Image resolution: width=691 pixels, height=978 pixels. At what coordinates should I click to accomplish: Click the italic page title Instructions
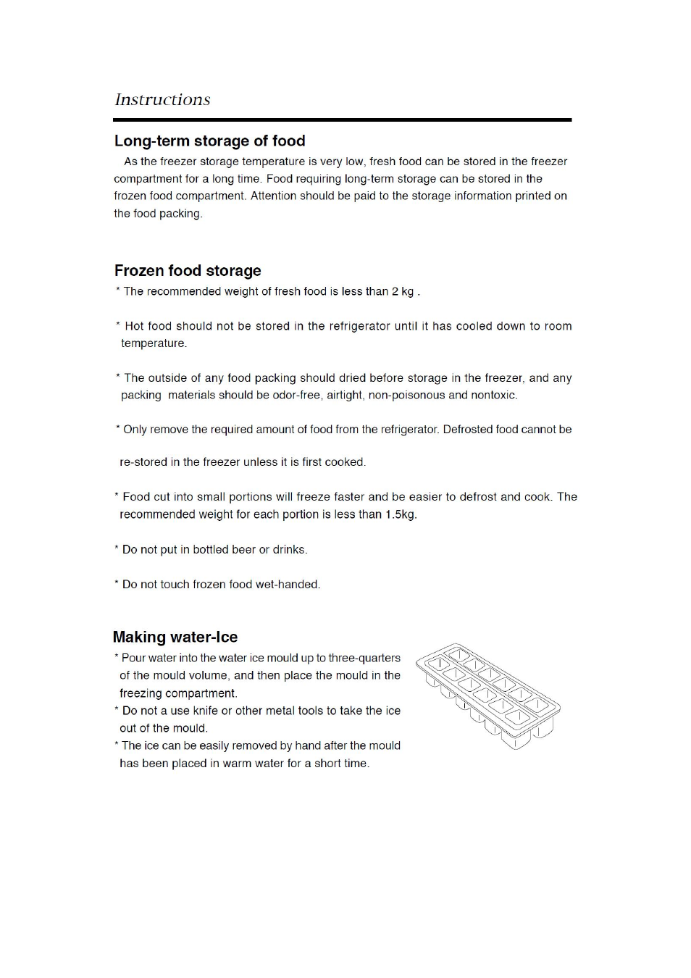pos(162,100)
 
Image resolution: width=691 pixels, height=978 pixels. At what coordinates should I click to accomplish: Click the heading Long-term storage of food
pos(209,141)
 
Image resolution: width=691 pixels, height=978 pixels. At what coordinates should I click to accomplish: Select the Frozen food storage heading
pos(188,271)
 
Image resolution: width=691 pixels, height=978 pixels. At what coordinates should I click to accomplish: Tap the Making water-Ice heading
pos(175,638)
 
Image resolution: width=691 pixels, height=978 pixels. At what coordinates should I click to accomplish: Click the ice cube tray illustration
pos(488,695)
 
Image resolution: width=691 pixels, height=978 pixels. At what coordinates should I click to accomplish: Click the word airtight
pos(344,396)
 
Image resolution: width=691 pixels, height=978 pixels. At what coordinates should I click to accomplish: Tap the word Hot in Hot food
pos(135,326)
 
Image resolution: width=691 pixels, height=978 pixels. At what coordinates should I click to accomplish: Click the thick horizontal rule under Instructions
pos(343,120)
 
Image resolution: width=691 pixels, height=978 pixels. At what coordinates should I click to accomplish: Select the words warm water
pos(252,764)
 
